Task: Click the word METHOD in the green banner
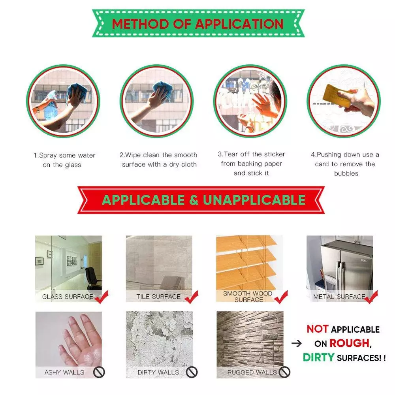tap(140, 24)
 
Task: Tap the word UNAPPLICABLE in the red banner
tap(254, 200)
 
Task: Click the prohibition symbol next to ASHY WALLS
tap(99, 372)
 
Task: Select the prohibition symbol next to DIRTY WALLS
tap(192, 372)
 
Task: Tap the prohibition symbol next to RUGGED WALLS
tap(284, 372)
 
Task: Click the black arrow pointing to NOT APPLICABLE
tap(297, 343)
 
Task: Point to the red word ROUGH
tap(350, 343)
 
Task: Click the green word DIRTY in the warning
tap(319, 357)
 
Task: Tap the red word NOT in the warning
tap(318, 329)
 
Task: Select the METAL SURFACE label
tap(339, 297)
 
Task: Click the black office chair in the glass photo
tap(94, 278)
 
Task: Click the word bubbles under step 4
tap(346, 173)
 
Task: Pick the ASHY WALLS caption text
tap(64, 372)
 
